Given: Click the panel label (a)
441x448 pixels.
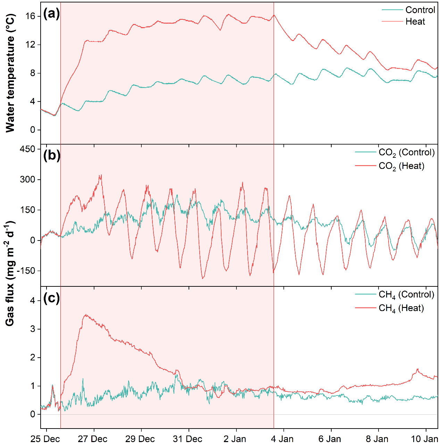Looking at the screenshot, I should coord(51,14).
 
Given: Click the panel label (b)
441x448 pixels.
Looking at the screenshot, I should coord(51,155).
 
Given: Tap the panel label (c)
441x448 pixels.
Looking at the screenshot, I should coord(51,298).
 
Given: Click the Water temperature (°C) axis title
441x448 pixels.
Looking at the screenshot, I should coord(10,73).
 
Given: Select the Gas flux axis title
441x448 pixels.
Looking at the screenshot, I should coord(10,273).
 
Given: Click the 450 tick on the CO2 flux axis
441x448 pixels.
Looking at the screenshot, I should coord(28,149).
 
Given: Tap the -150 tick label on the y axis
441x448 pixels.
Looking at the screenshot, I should coord(26,271).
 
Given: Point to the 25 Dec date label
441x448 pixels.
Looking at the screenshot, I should coord(45,439).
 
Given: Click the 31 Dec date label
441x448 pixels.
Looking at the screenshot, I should coord(188,439).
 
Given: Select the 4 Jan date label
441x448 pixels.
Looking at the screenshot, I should coord(282,439).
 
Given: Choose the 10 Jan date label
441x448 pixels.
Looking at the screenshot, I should coord(424,439).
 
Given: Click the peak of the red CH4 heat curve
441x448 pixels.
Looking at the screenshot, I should coord(85,315).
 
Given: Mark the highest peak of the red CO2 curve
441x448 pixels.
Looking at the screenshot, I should coord(101,175).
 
